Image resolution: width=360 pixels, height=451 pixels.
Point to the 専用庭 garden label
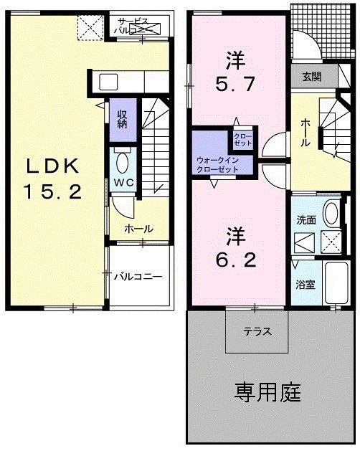point(267,392)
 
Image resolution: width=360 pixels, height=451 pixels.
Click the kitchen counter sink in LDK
point(107,80)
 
